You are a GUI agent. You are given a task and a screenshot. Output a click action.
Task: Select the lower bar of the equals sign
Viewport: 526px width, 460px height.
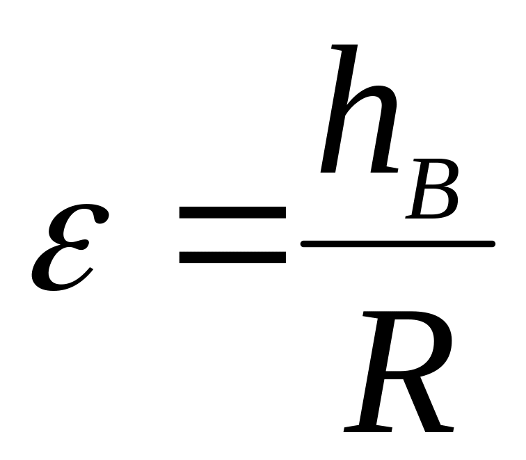click(x=232, y=257)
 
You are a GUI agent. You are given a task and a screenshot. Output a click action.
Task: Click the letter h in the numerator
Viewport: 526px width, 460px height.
click(x=358, y=115)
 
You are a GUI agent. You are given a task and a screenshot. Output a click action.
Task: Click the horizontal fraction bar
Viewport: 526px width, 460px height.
click(x=397, y=244)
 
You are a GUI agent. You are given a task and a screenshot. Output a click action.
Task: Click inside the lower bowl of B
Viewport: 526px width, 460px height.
click(x=435, y=204)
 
